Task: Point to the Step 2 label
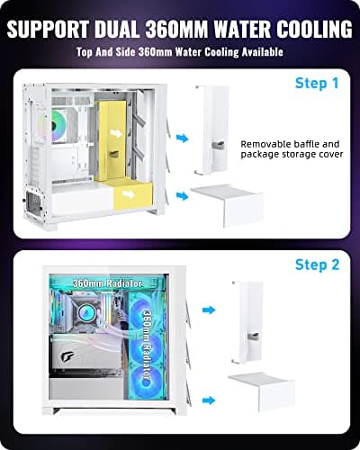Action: pyautogui.click(x=317, y=265)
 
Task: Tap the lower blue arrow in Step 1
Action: pyautogui.click(x=183, y=194)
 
